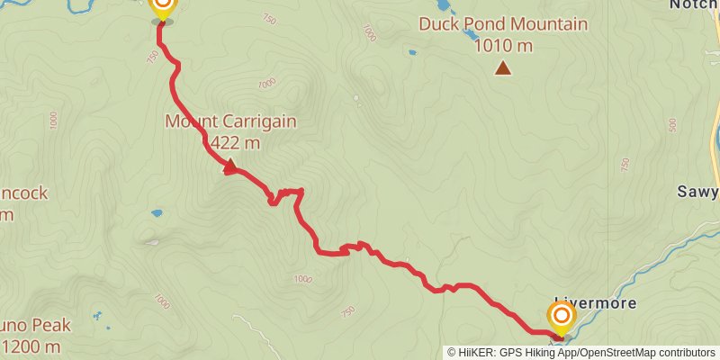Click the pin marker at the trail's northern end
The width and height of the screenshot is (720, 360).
(162, 8)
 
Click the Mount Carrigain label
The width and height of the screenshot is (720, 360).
(229, 121)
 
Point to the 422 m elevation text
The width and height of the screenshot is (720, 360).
(236, 142)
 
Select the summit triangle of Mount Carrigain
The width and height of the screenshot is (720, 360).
(229, 166)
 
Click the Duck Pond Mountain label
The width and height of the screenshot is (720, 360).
(502, 24)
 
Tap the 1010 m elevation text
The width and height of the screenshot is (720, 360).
(503, 44)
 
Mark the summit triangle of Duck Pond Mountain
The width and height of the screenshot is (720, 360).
(502, 67)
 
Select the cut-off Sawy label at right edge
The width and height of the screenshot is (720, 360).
(698, 192)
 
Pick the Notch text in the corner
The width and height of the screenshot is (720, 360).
(694, 4)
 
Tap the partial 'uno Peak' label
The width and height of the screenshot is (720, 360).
(36, 325)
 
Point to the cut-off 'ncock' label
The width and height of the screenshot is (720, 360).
(23, 193)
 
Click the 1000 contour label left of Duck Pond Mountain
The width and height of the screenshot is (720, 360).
(367, 32)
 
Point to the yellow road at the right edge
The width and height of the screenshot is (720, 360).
(715, 135)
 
